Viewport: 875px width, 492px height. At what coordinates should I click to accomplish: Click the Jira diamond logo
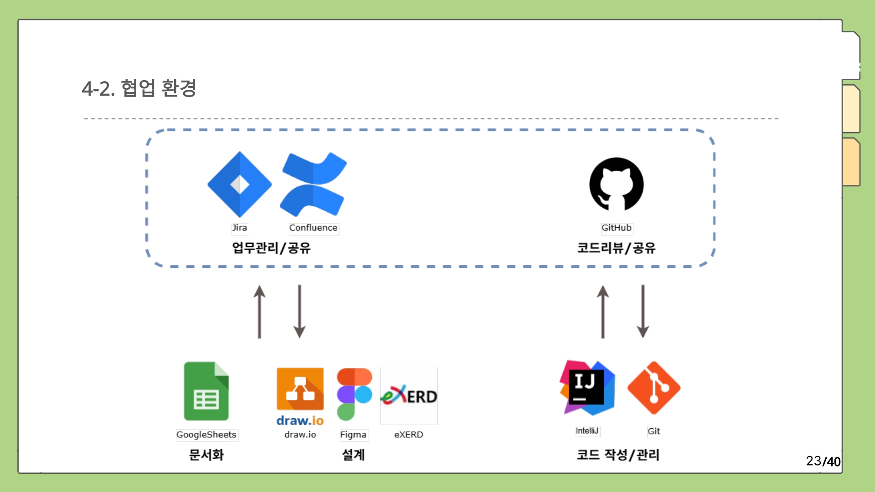[x=240, y=184]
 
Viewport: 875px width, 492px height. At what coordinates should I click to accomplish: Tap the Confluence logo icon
[x=314, y=184]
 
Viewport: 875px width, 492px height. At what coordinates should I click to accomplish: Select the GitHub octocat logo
[x=616, y=184]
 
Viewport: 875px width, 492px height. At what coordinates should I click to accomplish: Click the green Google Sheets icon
[x=206, y=391]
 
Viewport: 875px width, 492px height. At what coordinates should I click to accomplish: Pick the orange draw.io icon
[x=300, y=389]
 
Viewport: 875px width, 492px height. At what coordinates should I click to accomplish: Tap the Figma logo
[x=354, y=395]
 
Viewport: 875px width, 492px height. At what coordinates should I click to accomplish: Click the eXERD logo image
[x=409, y=396]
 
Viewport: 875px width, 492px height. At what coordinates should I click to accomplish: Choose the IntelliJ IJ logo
[x=587, y=388]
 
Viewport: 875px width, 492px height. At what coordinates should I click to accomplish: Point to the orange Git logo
[x=654, y=388]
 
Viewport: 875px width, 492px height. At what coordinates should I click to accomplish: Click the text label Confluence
[x=314, y=228]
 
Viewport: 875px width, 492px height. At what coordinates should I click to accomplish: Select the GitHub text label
[x=616, y=228]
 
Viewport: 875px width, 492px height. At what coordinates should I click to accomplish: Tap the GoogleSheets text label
[x=206, y=435]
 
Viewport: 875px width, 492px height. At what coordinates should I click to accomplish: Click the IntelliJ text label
[x=587, y=431]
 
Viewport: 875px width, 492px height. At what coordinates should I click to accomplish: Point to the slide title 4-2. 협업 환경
[x=139, y=88]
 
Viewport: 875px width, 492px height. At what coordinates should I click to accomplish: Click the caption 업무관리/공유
[x=271, y=248]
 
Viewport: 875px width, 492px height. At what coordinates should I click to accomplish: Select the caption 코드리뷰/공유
[x=616, y=248]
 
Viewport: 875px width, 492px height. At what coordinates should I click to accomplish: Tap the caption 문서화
[x=206, y=455]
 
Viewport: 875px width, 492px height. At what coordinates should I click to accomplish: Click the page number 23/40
[x=823, y=461]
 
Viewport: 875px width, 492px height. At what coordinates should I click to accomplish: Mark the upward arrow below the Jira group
[x=260, y=312]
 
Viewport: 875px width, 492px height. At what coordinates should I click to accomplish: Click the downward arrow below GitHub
[x=643, y=312]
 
